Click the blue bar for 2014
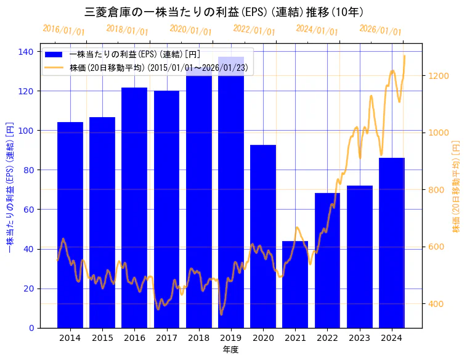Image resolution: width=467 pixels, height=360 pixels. coord(70,224)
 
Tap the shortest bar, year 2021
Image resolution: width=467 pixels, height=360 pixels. coord(295,284)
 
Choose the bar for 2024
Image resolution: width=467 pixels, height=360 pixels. coord(392,243)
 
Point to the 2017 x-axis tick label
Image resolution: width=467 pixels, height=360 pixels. coord(166,337)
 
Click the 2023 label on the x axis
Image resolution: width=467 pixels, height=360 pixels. coord(359,337)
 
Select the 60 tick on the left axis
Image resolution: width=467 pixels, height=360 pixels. coord(28,210)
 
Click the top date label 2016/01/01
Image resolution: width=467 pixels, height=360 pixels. coord(64,30)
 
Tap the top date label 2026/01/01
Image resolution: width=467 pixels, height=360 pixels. coord(380,30)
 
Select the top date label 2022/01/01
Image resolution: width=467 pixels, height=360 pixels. coord(254,30)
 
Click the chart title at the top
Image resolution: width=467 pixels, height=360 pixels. coord(224,12)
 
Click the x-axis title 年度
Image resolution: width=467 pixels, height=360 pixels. coord(230,350)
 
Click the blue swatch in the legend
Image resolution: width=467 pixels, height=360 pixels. coord(54,55)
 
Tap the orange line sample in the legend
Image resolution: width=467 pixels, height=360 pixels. coord(54,67)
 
